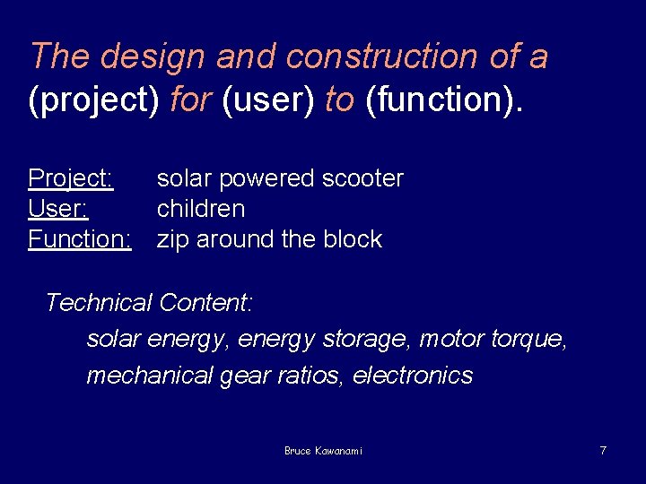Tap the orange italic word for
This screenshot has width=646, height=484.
click(x=189, y=100)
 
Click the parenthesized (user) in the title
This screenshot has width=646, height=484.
click(x=268, y=100)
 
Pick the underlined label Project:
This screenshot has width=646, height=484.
click(x=71, y=178)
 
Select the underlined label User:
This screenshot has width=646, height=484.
click(x=58, y=209)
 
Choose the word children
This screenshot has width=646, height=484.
click(x=201, y=209)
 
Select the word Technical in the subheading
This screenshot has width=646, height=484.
click(x=99, y=303)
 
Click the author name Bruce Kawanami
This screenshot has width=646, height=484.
click(x=323, y=451)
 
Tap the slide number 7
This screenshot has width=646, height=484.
click(x=603, y=450)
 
